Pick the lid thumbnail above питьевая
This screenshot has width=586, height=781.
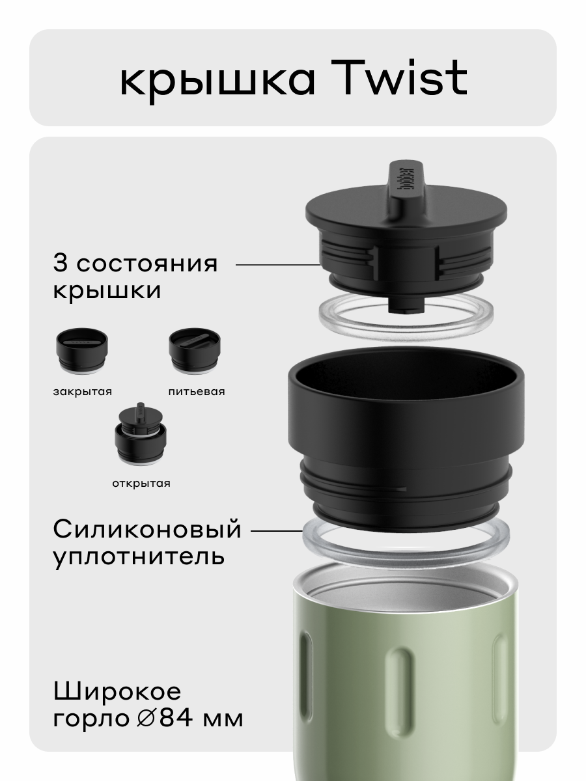pos(195,351)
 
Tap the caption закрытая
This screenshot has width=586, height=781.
pos(82,392)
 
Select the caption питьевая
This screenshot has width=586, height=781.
pos(196,392)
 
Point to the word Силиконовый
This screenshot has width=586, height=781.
pos(147,530)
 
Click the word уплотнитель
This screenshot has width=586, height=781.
pos(139,557)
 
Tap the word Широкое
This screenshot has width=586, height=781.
pos(117,691)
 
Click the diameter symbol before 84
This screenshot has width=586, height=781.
pos(146,719)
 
